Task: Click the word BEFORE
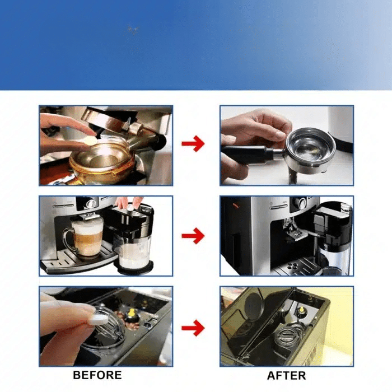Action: (97, 375)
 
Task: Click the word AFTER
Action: (286, 376)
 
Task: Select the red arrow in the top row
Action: (193, 143)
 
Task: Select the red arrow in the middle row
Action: (193, 236)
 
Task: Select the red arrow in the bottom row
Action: (193, 328)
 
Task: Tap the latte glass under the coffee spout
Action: (85, 237)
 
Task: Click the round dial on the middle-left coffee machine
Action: (91, 204)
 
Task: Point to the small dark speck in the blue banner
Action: (133, 30)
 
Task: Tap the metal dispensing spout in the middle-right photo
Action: (292, 231)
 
